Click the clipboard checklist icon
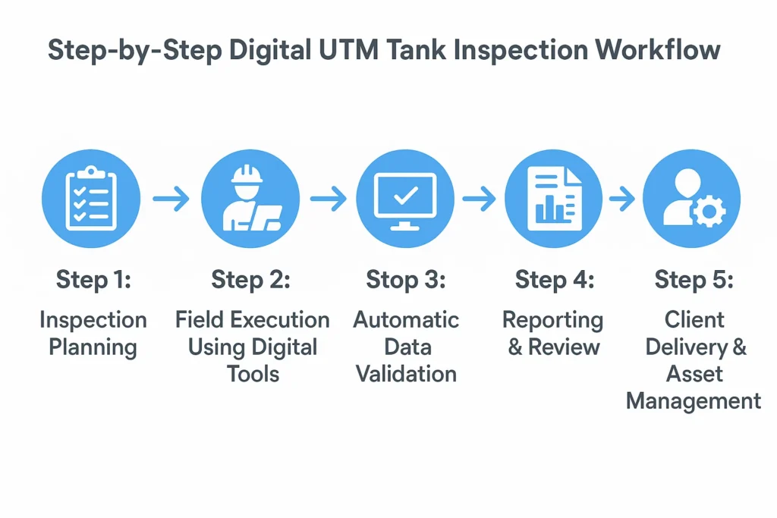click(91, 198)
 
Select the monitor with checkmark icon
click(405, 198)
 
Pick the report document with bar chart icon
click(553, 198)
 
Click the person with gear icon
click(691, 198)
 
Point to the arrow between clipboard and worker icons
click(170, 199)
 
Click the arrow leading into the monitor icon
click(328, 199)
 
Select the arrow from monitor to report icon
click(479, 199)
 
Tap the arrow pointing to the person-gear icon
click(621, 199)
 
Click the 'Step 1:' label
click(93, 279)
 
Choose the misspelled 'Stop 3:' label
click(406, 279)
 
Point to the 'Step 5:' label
click(694, 279)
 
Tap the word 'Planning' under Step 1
click(93, 347)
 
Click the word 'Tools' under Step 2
click(253, 373)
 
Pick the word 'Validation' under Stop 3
click(407, 373)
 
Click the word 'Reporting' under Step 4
click(552, 320)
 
